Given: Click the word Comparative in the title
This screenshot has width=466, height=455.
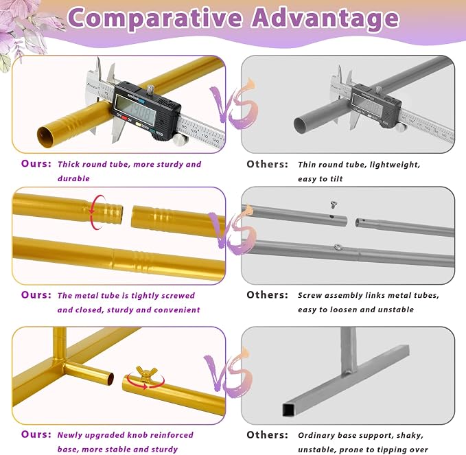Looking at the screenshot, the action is (155, 19).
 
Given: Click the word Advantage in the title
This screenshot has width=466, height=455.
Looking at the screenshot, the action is (325, 19).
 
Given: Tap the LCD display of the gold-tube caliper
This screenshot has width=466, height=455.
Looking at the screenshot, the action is (135, 110).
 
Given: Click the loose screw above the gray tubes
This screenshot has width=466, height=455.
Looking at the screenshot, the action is (334, 205).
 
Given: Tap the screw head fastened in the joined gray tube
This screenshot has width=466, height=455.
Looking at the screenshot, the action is (338, 246).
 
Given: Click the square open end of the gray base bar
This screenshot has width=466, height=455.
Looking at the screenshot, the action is (288, 410).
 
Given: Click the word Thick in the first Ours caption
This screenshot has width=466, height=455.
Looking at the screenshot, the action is (69, 164).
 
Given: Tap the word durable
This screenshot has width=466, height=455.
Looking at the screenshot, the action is (73, 178).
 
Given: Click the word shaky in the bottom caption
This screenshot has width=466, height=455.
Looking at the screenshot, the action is (410, 436).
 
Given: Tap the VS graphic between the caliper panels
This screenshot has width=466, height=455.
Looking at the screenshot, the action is (233, 104).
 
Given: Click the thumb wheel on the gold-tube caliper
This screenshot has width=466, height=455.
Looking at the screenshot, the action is (178, 139).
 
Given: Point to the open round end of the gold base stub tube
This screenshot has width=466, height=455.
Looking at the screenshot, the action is (110, 379).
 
